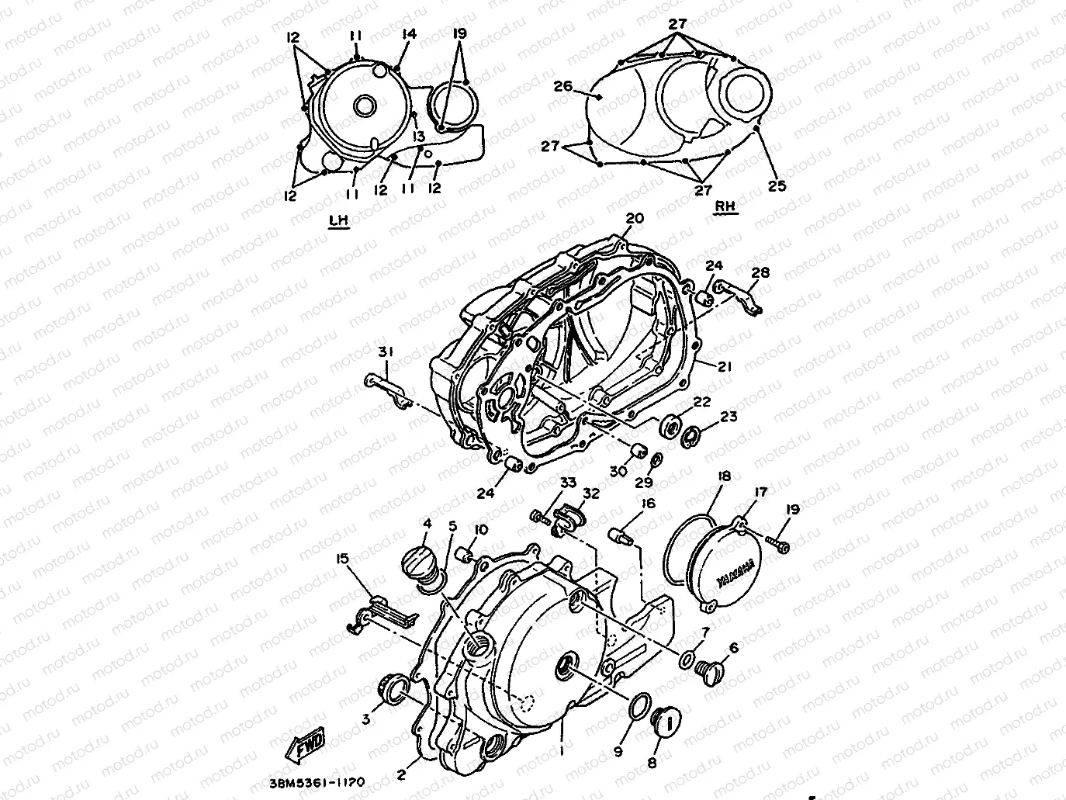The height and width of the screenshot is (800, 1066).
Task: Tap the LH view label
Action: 339,220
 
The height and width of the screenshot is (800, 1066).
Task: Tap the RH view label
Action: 725,207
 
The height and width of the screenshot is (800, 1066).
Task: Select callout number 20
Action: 635,219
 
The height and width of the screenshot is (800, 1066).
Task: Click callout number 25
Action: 777,185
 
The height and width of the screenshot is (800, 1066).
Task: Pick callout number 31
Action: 386,352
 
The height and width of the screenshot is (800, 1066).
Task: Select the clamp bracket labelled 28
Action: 742,297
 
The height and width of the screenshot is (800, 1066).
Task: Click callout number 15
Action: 342,558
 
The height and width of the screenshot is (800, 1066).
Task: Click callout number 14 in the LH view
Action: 410,34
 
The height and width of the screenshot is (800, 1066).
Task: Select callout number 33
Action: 569,482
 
